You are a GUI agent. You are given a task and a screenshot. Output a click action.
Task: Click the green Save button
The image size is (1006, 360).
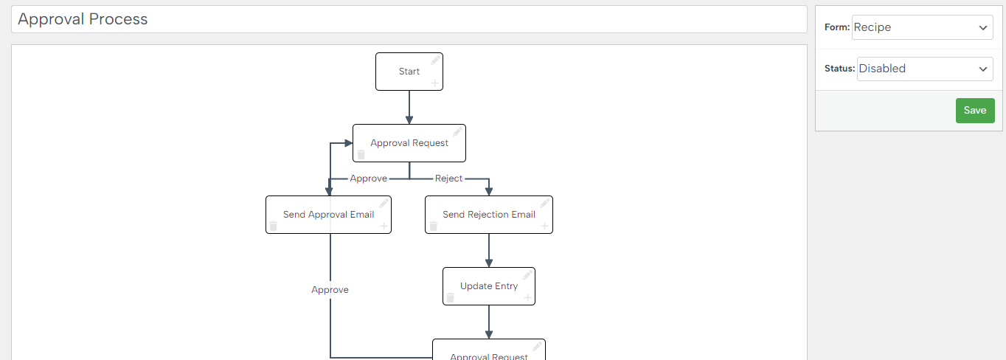[975, 111]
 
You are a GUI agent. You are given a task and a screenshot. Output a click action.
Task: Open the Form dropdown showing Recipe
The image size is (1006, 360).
[922, 27]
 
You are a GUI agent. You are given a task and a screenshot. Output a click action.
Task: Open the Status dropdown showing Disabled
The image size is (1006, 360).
[925, 69]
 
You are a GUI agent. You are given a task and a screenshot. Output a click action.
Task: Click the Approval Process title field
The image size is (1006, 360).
[409, 19]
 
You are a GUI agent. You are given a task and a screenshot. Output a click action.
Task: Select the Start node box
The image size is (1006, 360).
[409, 72]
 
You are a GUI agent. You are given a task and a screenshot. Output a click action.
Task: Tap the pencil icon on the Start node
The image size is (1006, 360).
[435, 60]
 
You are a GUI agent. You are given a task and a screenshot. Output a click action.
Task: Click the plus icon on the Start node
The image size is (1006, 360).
[434, 83]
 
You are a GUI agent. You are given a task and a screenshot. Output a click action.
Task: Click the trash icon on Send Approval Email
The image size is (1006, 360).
[274, 226]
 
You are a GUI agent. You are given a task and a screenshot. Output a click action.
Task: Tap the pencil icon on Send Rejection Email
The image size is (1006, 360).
[544, 204]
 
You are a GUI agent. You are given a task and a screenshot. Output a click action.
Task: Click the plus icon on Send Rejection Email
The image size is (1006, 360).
[544, 226]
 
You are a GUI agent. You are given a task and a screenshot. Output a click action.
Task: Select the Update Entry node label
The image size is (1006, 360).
[489, 286]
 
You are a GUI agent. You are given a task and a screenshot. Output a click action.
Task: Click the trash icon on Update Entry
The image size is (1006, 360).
[451, 297]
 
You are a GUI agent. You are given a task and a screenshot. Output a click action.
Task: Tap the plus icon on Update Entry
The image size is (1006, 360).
[527, 297]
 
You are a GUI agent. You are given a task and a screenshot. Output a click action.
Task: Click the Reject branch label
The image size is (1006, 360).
[448, 179]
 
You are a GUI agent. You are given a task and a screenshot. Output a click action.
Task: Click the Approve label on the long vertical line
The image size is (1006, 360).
[330, 290]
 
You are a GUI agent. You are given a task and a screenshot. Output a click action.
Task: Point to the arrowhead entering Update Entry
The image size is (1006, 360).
[489, 263]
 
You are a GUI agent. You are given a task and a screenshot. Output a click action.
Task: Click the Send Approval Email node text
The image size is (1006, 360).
[328, 215]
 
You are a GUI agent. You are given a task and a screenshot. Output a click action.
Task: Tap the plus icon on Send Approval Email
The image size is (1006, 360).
[384, 226]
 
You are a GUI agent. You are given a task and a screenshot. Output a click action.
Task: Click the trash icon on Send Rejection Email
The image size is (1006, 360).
[434, 226]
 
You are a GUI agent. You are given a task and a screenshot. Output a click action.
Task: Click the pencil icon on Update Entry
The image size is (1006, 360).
[527, 275]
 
